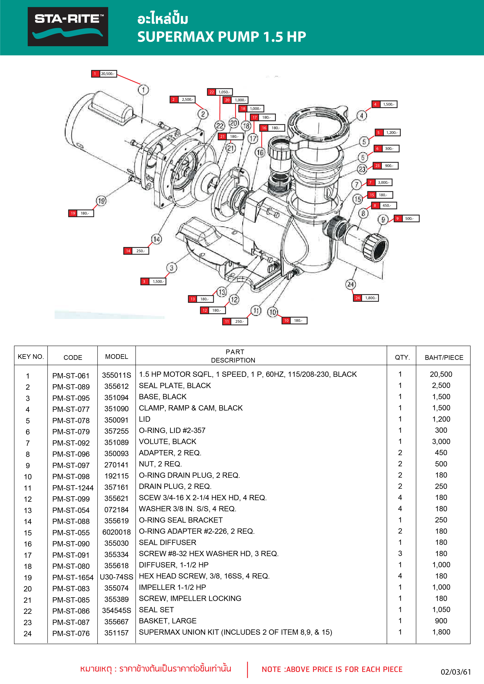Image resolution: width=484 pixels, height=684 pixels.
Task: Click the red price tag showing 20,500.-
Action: pyautogui.click(x=104, y=73)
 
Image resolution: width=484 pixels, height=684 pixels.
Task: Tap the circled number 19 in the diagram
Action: pyautogui.click(x=101, y=201)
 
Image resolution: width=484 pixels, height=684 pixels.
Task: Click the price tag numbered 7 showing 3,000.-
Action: pyautogui.click(x=379, y=182)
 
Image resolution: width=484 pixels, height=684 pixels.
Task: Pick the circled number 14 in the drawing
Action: pyautogui.click(x=156, y=239)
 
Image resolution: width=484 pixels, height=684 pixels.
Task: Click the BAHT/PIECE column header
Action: pyautogui.click(x=444, y=357)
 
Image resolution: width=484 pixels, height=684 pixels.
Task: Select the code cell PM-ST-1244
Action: pyautogui.click(x=73, y=488)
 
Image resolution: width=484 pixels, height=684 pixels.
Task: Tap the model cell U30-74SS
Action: pyautogui.click(x=116, y=577)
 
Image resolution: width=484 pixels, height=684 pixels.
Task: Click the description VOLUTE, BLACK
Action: pyautogui.click(x=168, y=442)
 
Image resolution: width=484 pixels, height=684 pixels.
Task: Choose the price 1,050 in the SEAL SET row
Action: pyautogui.click(x=441, y=610)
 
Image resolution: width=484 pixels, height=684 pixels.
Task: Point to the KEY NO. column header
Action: pyautogui.click(x=31, y=357)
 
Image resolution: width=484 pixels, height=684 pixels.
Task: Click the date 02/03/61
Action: pyautogui.click(x=456, y=672)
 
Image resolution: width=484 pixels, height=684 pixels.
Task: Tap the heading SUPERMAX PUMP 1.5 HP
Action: pyautogui.click(x=222, y=37)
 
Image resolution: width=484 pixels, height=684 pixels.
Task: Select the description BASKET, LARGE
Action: pyautogui.click(x=168, y=621)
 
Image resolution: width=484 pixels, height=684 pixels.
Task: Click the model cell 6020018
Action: pyautogui.click(x=116, y=532)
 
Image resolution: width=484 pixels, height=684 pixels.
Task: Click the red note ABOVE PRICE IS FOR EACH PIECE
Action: pyautogui.click(x=332, y=669)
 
